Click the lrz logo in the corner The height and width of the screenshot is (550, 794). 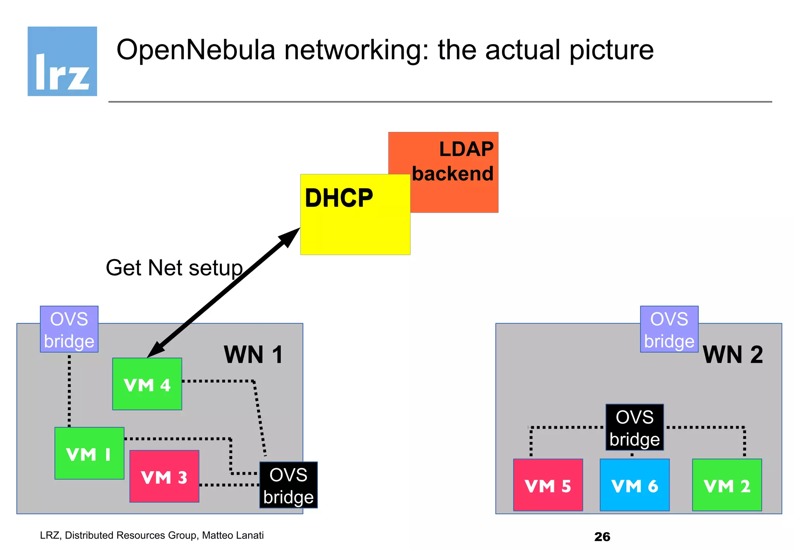[62, 61]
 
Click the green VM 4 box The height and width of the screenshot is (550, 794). [147, 384]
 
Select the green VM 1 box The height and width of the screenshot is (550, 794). [89, 453]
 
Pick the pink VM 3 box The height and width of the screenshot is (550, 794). [164, 476]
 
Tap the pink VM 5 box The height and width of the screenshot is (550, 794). [547, 485]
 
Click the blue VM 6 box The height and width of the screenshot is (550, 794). [634, 485]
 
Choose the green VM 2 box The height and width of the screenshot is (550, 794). [727, 485]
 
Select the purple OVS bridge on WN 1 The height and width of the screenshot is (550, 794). [69, 329]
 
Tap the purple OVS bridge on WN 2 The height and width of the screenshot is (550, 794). [669, 329]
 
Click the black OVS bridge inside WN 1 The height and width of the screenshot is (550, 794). [288, 485]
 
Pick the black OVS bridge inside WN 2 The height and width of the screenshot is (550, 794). [634, 427]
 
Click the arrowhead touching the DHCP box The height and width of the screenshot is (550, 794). [290, 236]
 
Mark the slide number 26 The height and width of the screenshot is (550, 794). [602, 536]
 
